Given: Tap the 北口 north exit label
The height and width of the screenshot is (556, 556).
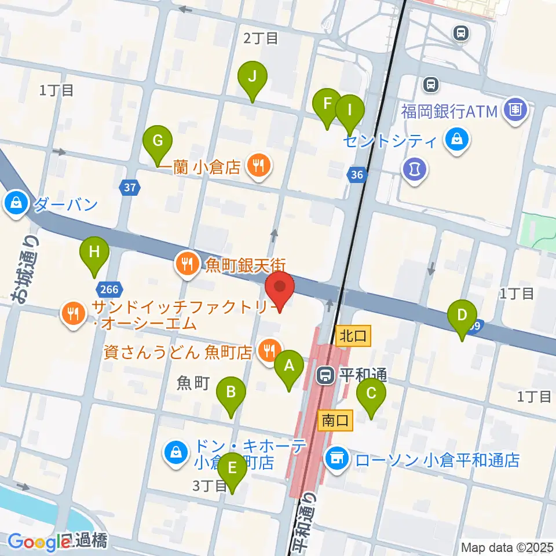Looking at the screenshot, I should (x=352, y=335).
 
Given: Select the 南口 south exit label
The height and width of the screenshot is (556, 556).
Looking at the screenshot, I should (x=335, y=421).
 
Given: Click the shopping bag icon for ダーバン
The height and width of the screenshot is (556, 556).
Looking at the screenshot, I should (x=14, y=203).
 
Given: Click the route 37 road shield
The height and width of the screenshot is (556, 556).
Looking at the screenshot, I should (x=130, y=187).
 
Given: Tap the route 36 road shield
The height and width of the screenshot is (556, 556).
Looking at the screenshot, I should (x=357, y=174).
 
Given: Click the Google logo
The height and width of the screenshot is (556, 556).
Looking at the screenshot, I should (x=39, y=542).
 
